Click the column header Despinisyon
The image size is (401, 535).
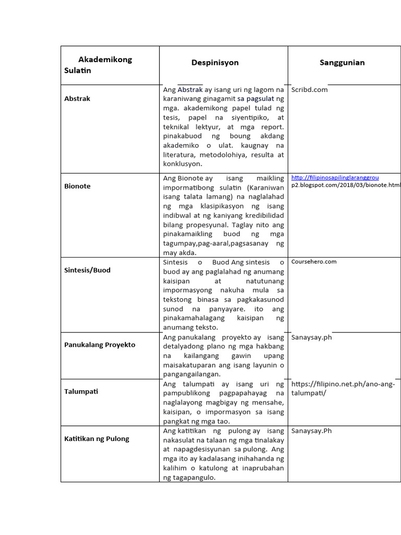(x=215, y=63)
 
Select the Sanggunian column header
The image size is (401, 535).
(x=342, y=63)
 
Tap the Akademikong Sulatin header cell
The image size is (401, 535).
(x=98, y=65)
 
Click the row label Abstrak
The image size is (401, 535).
(x=77, y=98)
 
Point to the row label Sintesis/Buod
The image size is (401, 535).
(x=87, y=270)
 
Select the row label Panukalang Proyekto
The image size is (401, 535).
(x=100, y=345)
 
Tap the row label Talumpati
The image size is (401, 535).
(x=81, y=391)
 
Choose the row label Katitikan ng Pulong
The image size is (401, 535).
(x=97, y=439)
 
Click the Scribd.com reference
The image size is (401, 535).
(x=310, y=89)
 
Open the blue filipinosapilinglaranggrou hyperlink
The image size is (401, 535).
(x=335, y=178)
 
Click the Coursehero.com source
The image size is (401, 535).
(x=314, y=262)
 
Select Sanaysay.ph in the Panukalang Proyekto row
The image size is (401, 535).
(x=312, y=337)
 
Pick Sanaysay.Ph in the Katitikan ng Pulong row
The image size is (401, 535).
(x=312, y=431)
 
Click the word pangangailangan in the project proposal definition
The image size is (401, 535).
(x=192, y=374)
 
